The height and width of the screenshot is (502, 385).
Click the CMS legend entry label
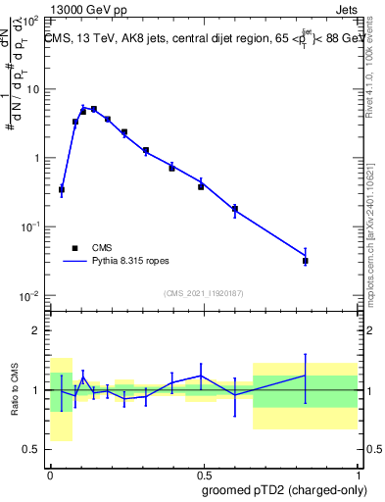[x=101, y=248]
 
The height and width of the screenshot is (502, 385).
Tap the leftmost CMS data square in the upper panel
[x=62, y=189]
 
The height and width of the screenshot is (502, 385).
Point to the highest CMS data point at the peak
[x=93, y=109]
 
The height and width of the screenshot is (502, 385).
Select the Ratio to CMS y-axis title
[x=15, y=389]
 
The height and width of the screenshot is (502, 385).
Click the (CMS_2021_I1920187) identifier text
[x=203, y=292]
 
